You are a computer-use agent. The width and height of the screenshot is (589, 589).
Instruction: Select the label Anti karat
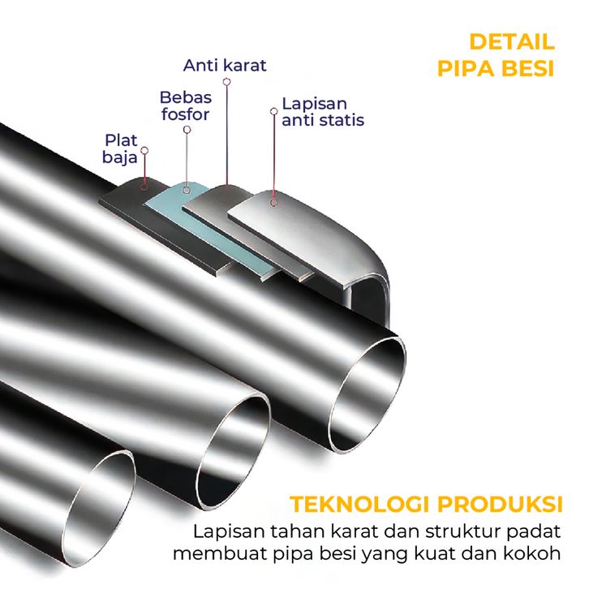point(225,65)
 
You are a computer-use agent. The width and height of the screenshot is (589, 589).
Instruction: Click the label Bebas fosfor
point(184,106)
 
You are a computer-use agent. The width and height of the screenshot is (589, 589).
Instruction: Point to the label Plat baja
point(120,148)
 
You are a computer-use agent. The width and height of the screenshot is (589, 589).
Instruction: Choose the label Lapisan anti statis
point(322,112)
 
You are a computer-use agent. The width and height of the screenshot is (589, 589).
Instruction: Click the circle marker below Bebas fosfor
point(187,129)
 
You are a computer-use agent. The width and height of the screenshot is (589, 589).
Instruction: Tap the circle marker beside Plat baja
point(144,150)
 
